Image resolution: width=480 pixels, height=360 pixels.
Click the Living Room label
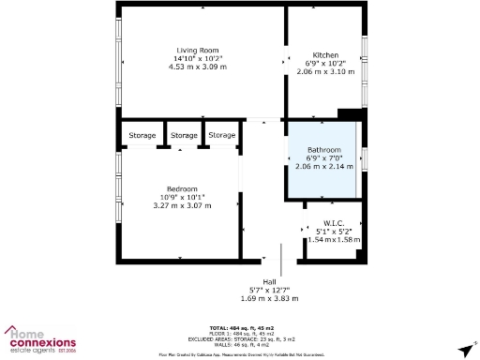click(197, 50)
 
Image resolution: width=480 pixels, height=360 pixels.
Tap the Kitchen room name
click(325, 55)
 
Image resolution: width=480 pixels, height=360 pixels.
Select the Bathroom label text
click(324, 150)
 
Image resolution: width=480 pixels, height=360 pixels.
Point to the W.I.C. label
click(334, 222)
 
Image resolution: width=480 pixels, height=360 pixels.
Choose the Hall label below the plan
click(269, 281)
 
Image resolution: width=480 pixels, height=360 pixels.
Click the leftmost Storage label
click(142, 136)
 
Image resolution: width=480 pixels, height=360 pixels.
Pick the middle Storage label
click(185, 136)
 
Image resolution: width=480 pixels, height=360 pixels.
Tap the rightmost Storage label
click(222, 136)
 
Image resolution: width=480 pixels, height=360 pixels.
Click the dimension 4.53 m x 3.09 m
click(197, 67)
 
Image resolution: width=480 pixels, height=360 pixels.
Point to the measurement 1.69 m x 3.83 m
click(269, 298)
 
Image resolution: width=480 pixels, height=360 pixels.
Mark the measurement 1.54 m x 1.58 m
click(334, 239)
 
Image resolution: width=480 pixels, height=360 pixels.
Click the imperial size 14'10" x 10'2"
click(197, 58)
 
